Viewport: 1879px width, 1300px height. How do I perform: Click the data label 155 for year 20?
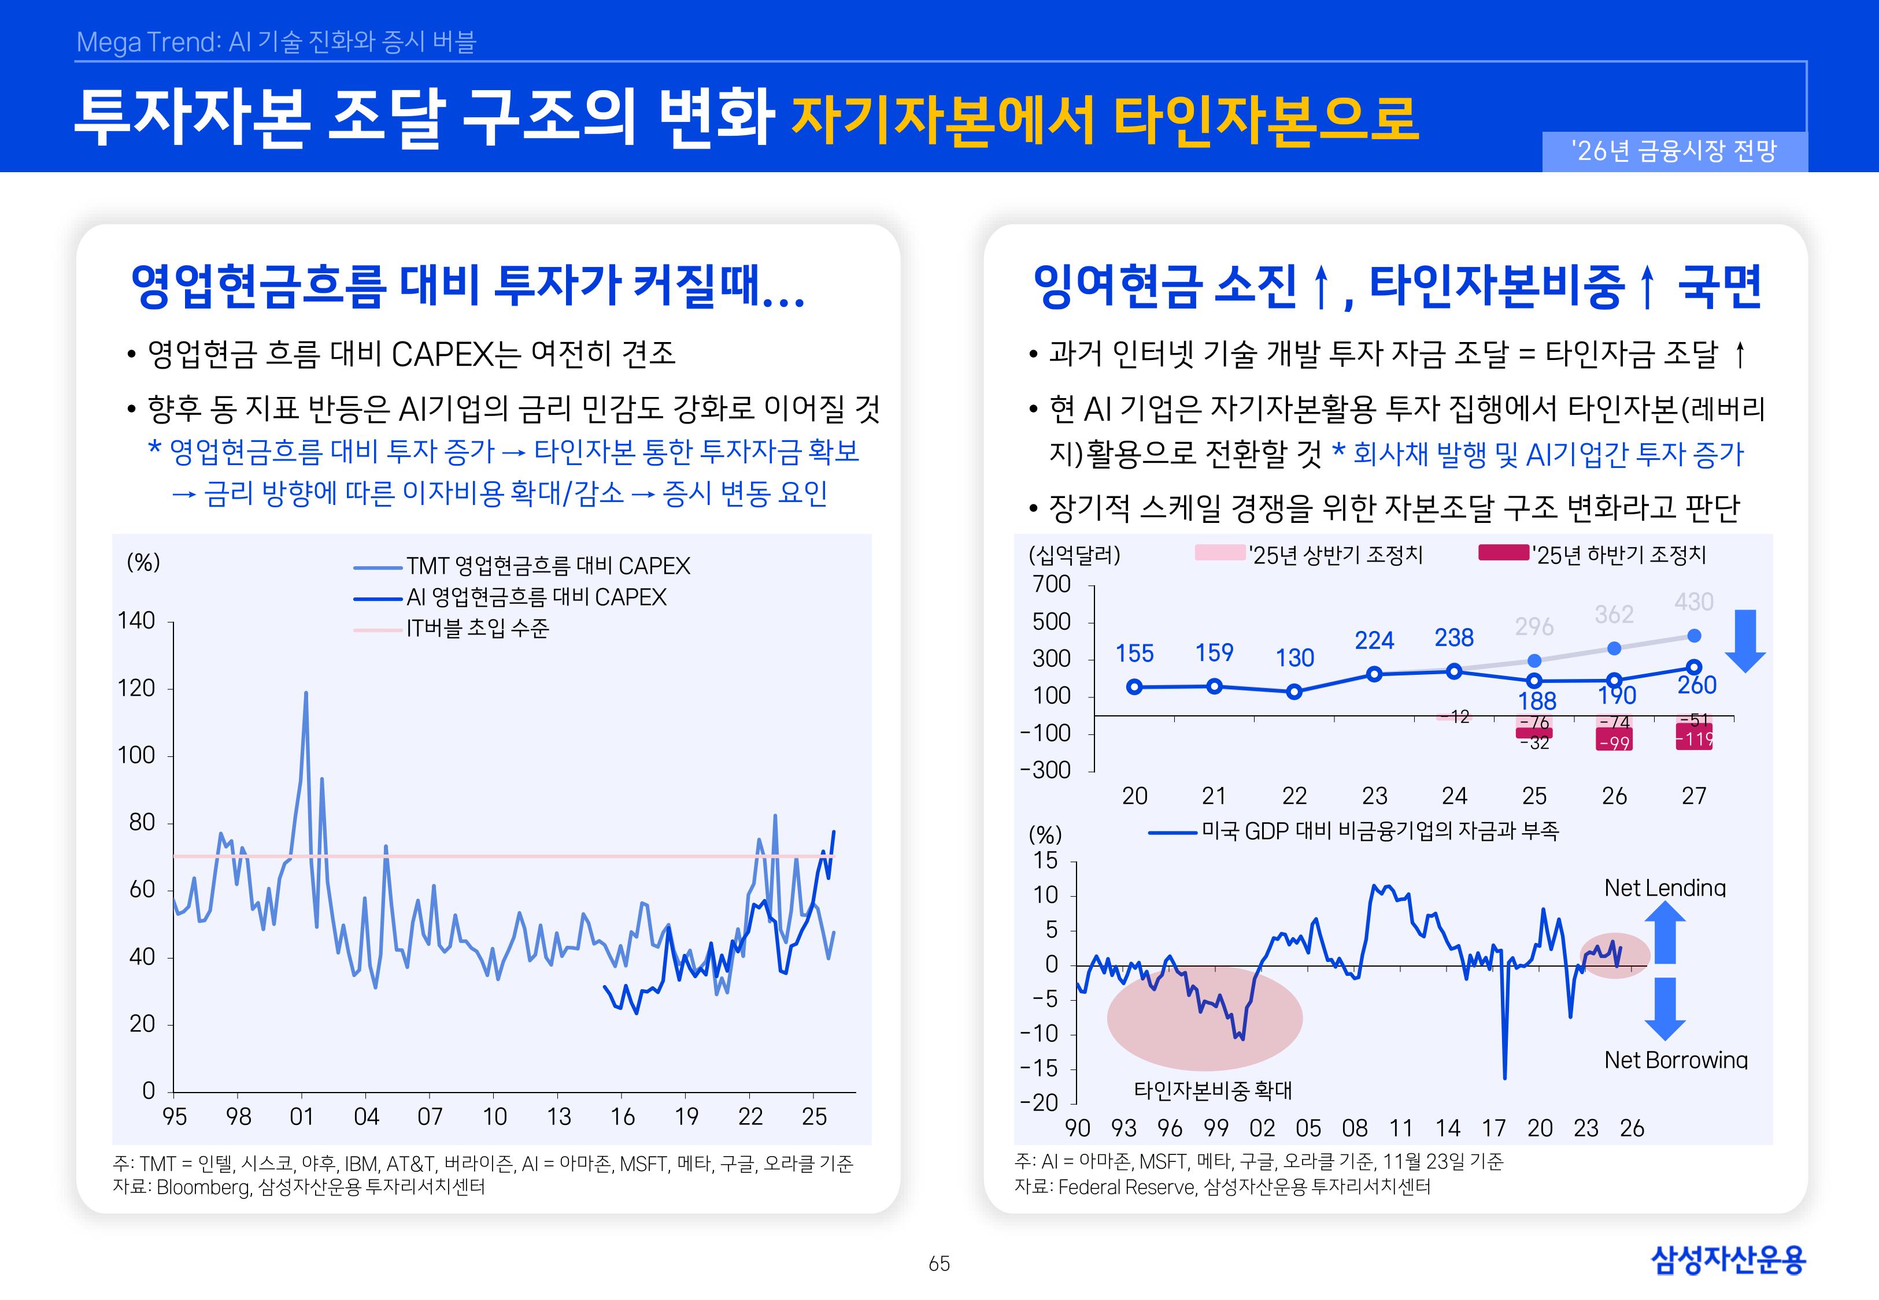1134,653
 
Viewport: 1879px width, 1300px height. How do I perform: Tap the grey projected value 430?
1693,602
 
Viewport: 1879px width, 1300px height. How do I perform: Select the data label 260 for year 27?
1696,685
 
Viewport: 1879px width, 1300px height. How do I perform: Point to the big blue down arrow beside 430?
1744,640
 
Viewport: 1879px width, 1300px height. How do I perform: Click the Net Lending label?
1664,888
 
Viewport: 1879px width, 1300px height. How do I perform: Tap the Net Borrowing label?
1675,1060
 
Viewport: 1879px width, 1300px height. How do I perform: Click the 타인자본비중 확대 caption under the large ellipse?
1212,1090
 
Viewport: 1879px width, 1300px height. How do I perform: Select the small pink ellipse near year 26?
1614,954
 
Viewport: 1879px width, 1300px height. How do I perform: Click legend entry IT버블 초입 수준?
478,629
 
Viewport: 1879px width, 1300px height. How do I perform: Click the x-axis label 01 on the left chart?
301,1117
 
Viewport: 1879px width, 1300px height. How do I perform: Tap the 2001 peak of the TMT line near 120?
306,693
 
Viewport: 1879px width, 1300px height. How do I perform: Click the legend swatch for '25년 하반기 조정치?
1503,553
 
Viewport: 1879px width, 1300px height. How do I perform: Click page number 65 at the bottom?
939,1264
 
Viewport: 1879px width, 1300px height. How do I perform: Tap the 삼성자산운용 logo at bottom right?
1728,1260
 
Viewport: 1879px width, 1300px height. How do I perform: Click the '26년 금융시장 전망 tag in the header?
1674,151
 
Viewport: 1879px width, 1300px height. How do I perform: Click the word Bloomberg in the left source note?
203,1187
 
